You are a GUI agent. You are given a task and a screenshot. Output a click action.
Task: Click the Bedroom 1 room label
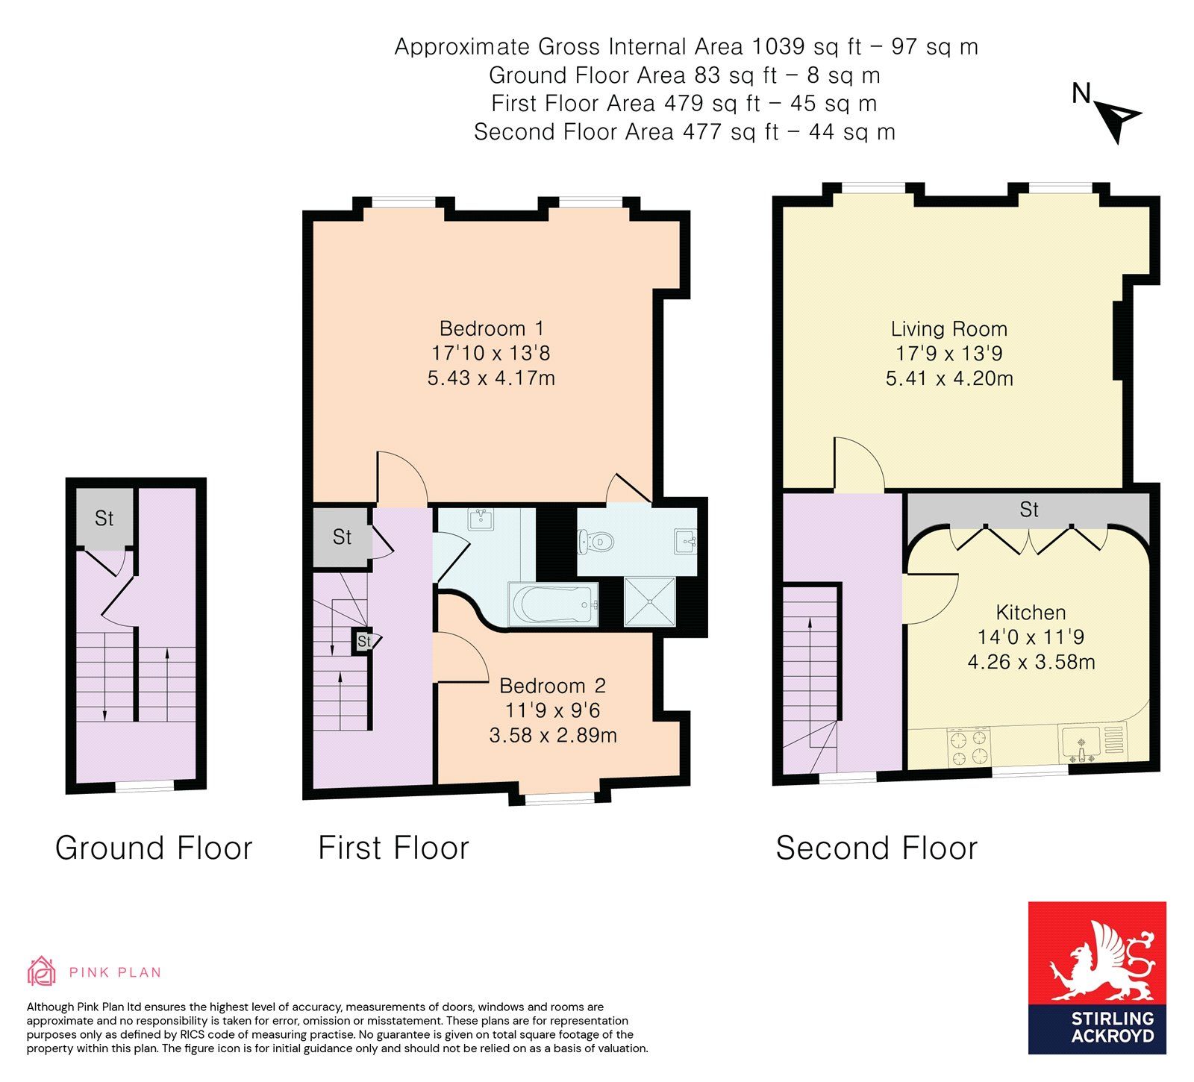pos(492,328)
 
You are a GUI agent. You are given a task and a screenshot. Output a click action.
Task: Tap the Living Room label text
pos(948,329)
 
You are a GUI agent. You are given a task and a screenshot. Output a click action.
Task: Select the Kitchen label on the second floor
pos(1031,613)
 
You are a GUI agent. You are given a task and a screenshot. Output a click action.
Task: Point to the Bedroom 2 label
pos(552,686)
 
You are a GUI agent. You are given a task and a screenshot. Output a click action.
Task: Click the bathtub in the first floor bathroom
pos(553,604)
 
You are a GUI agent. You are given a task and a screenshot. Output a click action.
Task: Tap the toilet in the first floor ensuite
pos(596,541)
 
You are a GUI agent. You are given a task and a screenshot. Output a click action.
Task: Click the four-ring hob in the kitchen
pos(968,748)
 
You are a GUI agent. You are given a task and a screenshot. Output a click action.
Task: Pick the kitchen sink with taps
pos(1081,744)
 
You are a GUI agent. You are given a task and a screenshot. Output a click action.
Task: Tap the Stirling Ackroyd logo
pos(1097,978)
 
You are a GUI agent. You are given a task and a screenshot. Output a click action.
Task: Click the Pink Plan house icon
pos(42,971)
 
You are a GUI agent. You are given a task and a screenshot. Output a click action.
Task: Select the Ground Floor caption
pos(154,848)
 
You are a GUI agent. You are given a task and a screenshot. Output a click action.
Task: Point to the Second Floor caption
pos(877,848)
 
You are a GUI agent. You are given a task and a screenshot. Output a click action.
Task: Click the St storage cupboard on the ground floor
pos(104,519)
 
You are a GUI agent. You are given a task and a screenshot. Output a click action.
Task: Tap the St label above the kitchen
pos(1029,510)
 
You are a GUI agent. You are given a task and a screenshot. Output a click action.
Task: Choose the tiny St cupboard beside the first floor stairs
pos(363,641)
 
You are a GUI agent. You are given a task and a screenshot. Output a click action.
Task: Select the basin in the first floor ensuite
pos(687,540)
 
